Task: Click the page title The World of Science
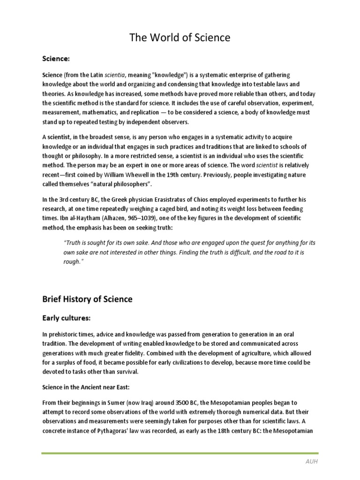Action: (180, 37)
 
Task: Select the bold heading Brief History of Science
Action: (87, 299)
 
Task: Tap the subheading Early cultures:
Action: (66, 318)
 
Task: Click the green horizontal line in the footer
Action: (180, 453)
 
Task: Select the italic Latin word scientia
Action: (114, 75)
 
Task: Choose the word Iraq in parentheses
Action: (129, 403)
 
